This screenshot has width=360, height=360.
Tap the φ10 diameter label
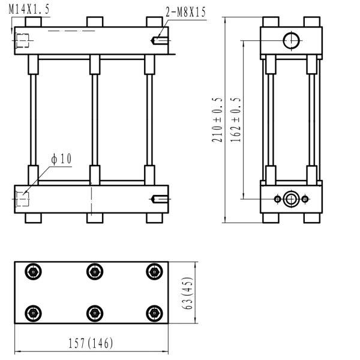[62, 159]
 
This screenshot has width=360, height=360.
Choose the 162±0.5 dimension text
[235, 120]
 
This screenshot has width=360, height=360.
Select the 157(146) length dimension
[91, 343]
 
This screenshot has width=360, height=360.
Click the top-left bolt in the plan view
[32, 272]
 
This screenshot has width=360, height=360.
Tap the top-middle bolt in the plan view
[94, 272]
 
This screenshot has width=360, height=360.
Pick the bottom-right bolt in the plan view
[154, 313]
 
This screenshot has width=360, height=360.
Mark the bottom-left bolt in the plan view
[32, 313]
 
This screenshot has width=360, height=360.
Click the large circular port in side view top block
[291, 41]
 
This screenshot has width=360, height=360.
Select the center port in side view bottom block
[291, 199]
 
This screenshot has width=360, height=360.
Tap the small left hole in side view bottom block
[277, 199]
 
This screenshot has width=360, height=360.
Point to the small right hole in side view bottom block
[305, 199]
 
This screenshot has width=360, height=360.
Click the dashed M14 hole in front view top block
[23, 41]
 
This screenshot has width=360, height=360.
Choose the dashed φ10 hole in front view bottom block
[22, 199]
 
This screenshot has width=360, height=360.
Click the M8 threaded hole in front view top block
[160, 41]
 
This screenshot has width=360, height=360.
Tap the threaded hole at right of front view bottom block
[160, 199]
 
